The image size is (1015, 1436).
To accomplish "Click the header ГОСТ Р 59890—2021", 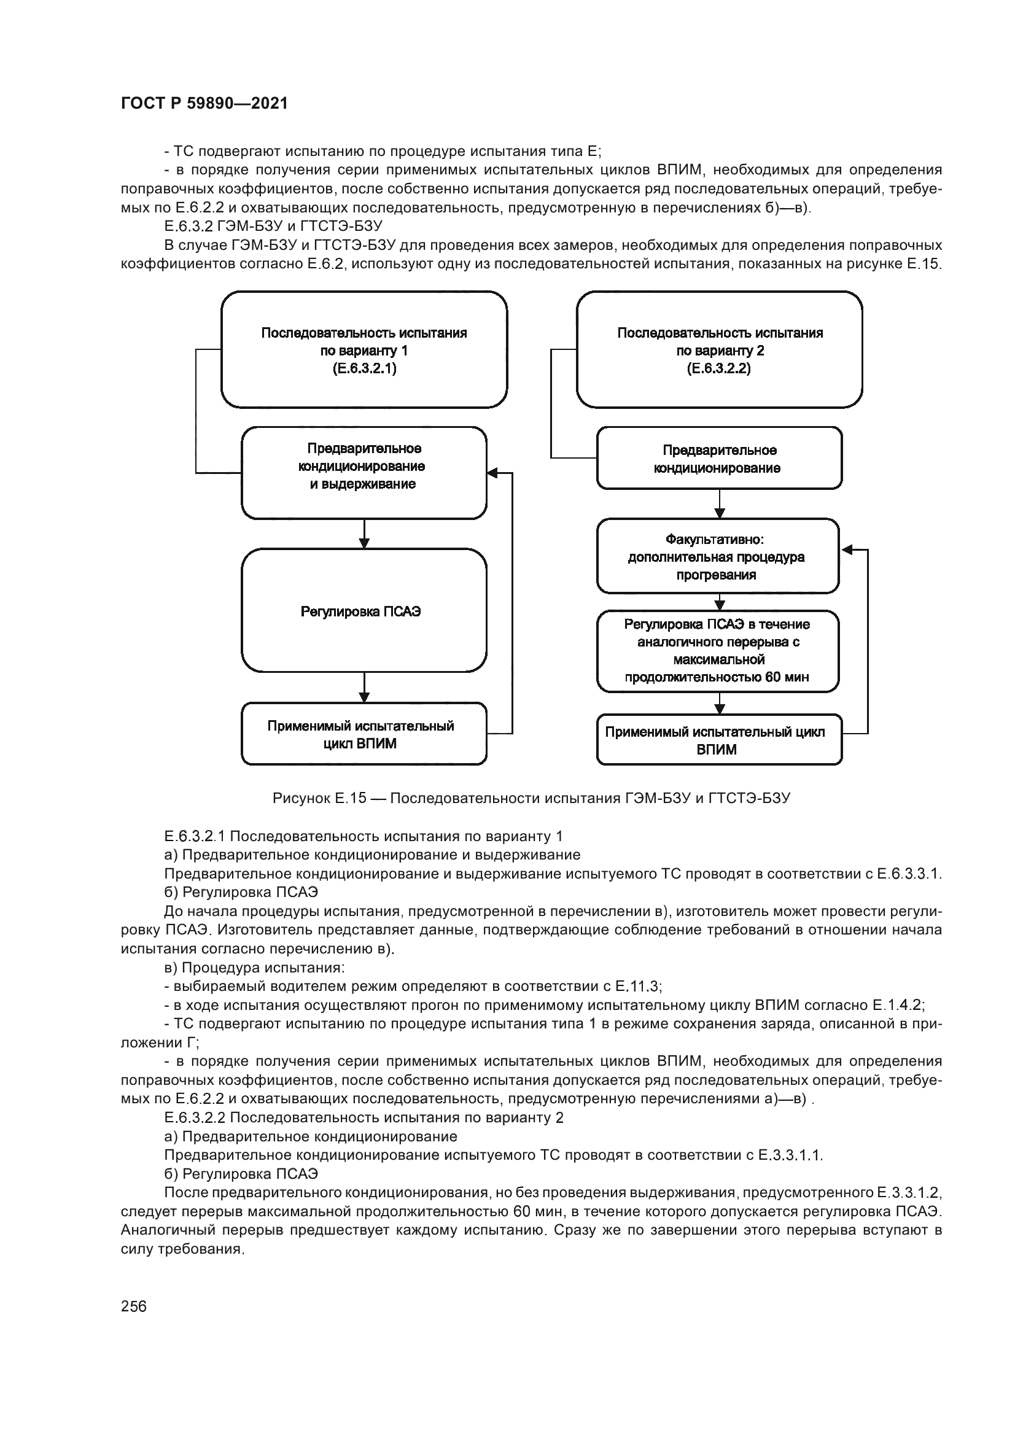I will (x=204, y=104).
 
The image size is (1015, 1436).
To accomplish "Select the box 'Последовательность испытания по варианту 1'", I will (x=364, y=349).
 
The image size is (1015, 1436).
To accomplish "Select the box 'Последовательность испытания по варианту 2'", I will (x=719, y=349).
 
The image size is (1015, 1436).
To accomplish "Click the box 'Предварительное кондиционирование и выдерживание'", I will (x=364, y=473).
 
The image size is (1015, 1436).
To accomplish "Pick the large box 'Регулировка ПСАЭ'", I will (x=364, y=611).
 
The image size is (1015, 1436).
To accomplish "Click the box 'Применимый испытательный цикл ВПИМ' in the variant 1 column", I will (x=364, y=734).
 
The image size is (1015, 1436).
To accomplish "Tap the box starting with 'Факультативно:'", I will (x=717, y=556).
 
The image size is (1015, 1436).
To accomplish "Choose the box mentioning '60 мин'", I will (x=717, y=651).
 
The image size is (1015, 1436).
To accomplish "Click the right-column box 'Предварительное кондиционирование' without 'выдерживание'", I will (x=719, y=459).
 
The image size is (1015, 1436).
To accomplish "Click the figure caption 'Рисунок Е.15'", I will (x=531, y=799).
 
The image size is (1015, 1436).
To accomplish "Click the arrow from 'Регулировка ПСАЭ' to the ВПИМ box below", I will (x=365, y=688).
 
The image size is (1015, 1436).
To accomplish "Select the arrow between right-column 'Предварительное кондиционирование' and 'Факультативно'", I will (x=719, y=504).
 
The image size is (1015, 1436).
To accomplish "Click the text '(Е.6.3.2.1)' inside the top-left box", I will (x=364, y=368).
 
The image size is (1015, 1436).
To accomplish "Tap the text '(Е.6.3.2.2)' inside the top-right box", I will (x=719, y=368).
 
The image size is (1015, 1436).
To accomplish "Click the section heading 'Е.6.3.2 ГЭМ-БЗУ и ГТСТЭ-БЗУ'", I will (x=273, y=226).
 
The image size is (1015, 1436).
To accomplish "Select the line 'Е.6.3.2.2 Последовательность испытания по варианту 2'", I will (x=364, y=1117).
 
